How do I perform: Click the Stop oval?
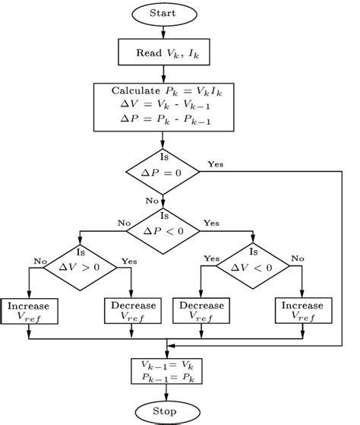[x=164, y=411]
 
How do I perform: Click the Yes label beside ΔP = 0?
[x=215, y=163]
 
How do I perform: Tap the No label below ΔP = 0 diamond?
[x=152, y=200]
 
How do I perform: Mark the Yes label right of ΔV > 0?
[x=130, y=258]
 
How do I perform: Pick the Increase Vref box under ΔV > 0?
[x=28, y=311]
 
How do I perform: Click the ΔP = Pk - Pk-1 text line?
[x=163, y=119]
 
